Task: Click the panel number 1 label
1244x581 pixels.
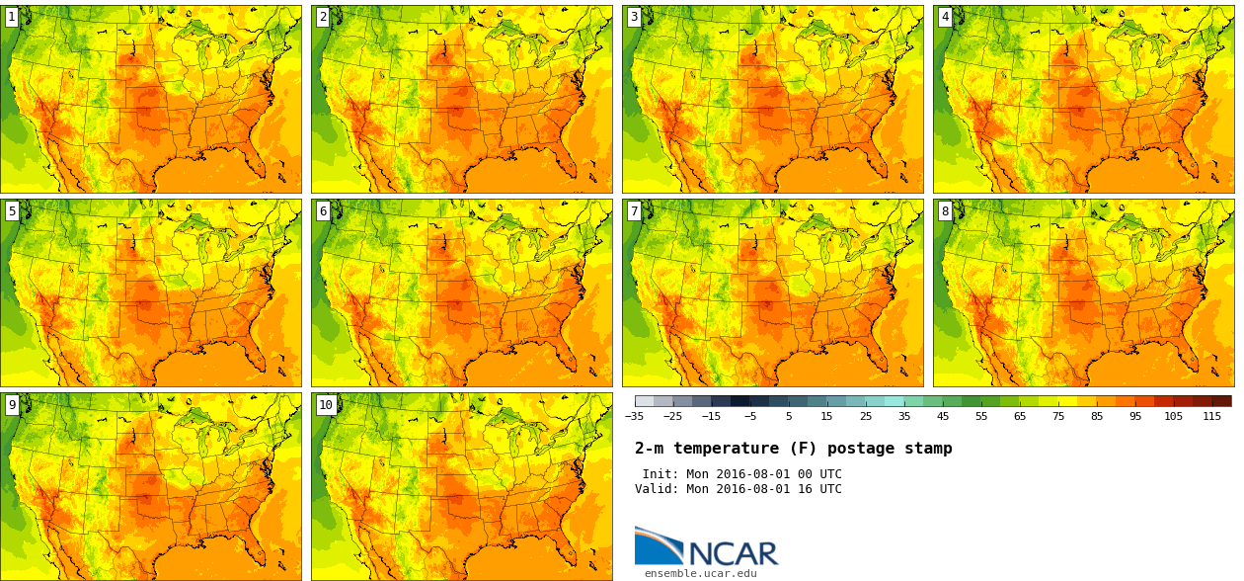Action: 12,17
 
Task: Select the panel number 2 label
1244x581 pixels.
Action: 323,17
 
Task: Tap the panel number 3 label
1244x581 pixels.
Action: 634,17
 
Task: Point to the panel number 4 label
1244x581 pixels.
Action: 945,17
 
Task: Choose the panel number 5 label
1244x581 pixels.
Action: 12,210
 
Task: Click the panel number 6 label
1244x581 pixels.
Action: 323,210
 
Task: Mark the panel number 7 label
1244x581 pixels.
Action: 634,210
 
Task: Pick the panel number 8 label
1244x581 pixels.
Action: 945,210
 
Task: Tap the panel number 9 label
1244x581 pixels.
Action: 12,404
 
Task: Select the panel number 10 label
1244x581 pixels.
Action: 326,404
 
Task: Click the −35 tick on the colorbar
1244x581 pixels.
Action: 635,416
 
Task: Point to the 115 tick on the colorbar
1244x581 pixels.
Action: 1212,416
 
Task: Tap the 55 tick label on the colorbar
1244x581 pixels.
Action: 981,416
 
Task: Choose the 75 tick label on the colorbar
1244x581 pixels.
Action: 1058,416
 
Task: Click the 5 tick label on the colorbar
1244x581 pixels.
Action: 789,416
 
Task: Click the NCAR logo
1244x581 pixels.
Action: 706,547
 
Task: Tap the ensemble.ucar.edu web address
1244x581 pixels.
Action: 701,573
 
